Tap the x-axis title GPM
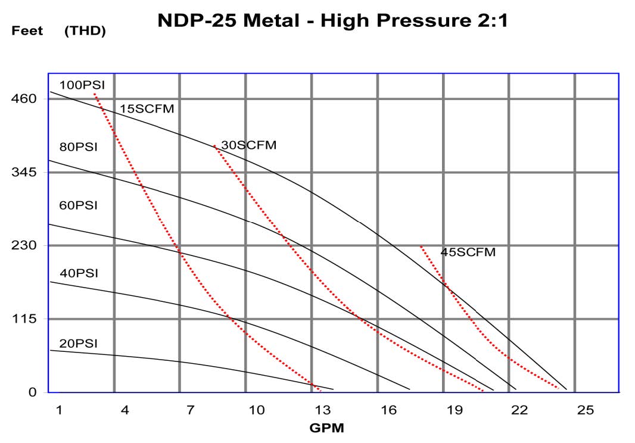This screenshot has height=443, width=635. (x=326, y=428)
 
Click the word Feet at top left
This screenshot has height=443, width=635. (x=27, y=31)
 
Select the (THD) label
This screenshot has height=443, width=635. (x=85, y=31)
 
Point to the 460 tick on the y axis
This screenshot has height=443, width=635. (x=24, y=98)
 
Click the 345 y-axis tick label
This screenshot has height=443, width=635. (x=24, y=172)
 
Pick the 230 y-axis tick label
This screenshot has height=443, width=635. (x=24, y=245)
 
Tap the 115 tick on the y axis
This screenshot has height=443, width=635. (x=24, y=319)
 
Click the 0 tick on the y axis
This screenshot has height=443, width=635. (x=33, y=392)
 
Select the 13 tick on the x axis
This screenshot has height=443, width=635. (x=322, y=410)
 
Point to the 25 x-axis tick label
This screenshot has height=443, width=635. (x=586, y=410)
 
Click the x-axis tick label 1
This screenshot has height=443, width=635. (x=59, y=410)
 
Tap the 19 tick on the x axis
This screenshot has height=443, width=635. (x=455, y=410)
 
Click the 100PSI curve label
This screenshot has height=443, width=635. (x=82, y=85)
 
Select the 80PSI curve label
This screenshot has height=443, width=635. (x=78, y=147)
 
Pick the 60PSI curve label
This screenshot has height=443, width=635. (x=78, y=205)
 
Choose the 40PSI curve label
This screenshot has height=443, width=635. (x=79, y=273)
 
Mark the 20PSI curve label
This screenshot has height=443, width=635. (x=78, y=344)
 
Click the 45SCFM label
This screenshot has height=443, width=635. (x=468, y=252)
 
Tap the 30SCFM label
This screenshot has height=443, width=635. (x=248, y=145)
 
